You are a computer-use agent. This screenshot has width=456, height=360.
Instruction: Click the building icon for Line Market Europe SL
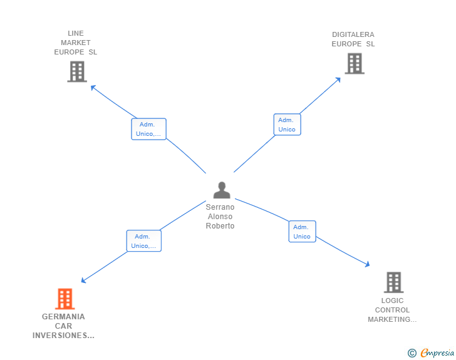click(x=77, y=71)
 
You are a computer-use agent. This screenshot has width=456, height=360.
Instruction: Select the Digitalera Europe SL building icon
click(x=355, y=63)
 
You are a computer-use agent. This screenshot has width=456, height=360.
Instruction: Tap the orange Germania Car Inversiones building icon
click(x=65, y=299)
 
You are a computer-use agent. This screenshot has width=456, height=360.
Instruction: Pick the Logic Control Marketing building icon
click(x=393, y=282)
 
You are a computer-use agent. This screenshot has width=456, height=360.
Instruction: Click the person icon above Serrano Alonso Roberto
click(x=222, y=190)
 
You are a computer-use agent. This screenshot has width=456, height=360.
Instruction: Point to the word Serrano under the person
click(x=220, y=207)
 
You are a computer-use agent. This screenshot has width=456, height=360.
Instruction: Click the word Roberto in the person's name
click(x=220, y=226)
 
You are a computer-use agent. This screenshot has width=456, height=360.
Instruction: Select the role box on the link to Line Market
click(x=148, y=129)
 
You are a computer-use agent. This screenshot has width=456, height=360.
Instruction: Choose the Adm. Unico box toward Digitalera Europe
click(x=287, y=125)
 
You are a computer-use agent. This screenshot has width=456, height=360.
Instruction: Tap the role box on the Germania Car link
click(x=143, y=241)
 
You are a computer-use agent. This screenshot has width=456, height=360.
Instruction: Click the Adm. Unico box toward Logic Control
click(x=302, y=232)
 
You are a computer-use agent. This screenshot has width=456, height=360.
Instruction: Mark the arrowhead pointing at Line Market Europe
click(x=93, y=87)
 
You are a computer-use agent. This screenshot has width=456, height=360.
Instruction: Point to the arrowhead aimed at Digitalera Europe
click(x=338, y=80)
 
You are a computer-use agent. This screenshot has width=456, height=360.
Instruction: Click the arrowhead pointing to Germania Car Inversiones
click(x=83, y=280)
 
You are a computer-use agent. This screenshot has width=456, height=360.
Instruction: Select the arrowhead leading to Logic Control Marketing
click(x=367, y=264)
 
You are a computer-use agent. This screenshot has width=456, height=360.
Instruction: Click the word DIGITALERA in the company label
click(x=353, y=34)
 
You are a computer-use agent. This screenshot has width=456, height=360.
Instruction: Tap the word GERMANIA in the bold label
click(x=63, y=317)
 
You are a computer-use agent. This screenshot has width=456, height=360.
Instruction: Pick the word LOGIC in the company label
click(x=392, y=301)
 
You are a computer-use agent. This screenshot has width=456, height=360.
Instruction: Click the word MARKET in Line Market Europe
click(x=76, y=43)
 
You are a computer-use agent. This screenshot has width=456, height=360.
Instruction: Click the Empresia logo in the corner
click(x=431, y=352)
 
